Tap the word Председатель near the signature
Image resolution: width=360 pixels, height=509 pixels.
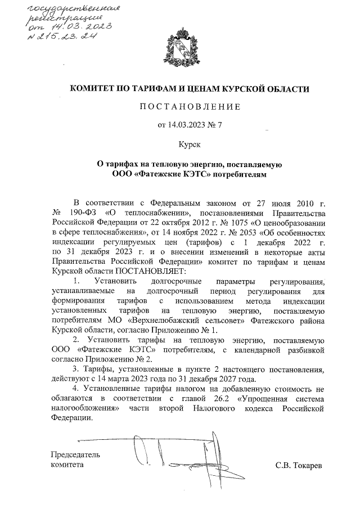pos(75,454)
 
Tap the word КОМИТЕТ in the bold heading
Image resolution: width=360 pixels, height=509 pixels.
pos(92,89)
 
